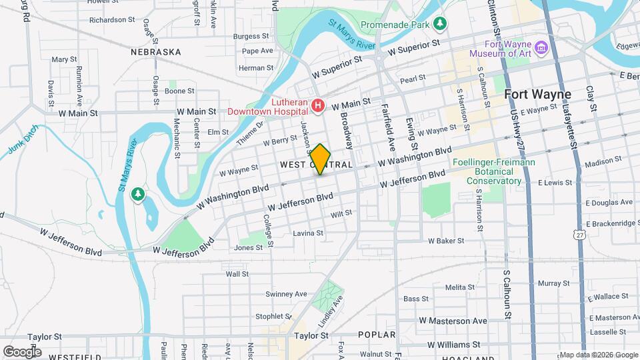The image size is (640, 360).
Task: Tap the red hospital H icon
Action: (318, 105)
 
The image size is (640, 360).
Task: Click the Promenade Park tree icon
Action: (439, 25)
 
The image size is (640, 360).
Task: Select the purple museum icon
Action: (541, 47)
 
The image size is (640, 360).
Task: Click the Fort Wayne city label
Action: (537, 94)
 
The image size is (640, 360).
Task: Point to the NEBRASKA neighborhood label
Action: (156, 52)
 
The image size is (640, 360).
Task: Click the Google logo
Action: (21, 351)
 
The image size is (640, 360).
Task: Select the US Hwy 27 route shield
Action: (581, 235)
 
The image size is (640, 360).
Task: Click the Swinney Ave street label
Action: (286, 294)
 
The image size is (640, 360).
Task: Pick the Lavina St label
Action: (308, 233)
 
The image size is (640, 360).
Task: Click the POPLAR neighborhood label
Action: (377, 335)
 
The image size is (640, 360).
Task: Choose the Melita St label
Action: (459, 287)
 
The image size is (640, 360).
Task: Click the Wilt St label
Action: (341, 213)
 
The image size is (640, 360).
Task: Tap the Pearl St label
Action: (413, 79)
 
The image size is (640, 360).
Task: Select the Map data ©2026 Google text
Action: (599, 355)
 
